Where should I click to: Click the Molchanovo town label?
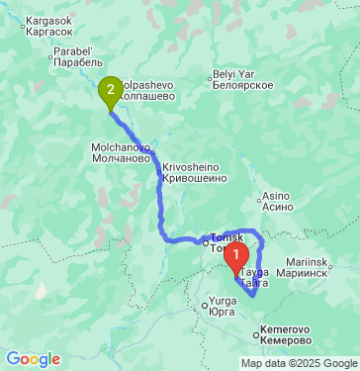[121, 145]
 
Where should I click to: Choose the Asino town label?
[276, 196]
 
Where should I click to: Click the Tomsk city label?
[226, 238]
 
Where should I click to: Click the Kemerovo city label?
[286, 328]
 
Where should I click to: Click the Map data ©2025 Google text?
[298, 363]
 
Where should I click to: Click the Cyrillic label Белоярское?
[242, 86]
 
